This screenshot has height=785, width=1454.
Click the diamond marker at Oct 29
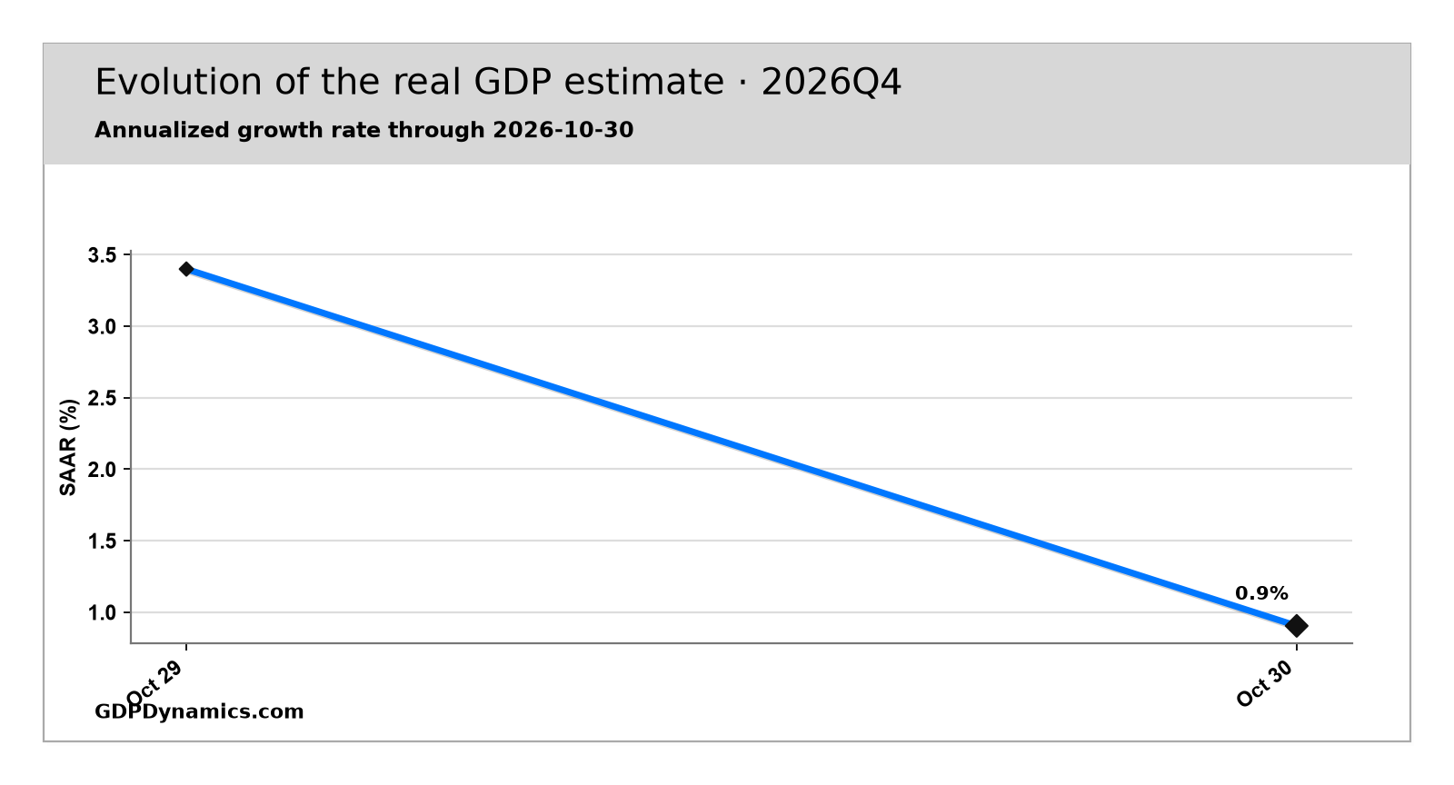[x=186, y=269]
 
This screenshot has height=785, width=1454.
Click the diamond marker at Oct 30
[x=1296, y=626]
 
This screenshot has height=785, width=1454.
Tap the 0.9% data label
[x=1261, y=593]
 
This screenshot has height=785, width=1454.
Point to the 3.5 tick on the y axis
[x=103, y=255]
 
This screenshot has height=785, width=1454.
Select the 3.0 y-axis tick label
[x=103, y=326]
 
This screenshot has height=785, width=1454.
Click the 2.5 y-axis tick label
[x=103, y=398]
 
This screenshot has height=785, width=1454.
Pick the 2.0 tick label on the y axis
[x=103, y=469]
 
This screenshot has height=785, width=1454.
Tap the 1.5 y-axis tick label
[x=103, y=541]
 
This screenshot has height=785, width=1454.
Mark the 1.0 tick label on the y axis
[x=103, y=612]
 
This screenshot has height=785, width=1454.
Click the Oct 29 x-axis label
[x=154, y=683]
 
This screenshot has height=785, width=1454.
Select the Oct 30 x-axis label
[x=1265, y=683]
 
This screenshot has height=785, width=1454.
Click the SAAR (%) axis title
[x=68, y=448]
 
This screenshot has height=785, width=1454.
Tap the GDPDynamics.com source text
[x=199, y=711]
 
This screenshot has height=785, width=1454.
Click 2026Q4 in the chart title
[x=832, y=83]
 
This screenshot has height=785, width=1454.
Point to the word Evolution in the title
[x=178, y=83]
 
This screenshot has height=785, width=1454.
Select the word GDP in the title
[x=513, y=83]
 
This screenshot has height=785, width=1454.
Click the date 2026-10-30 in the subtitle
[x=563, y=130]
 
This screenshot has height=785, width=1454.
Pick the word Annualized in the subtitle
[x=163, y=130]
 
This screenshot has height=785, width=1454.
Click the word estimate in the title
[x=644, y=83]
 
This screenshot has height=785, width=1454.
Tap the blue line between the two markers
[x=742, y=448]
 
